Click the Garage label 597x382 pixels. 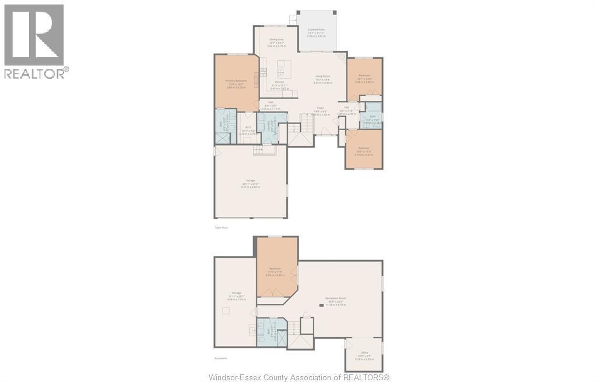tap(251, 181)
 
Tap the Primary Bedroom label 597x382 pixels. tap(236, 80)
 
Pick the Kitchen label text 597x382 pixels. tap(272, 82)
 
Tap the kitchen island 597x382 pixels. tap(284, 69)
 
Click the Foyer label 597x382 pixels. tap(321, 108)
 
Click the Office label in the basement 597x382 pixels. tap(364, 353)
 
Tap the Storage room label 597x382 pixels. tap(237, 293)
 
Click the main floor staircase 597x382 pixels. tap(307, 123)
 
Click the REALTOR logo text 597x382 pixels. tap(36, 73)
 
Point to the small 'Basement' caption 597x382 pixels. tap(220, 358)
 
